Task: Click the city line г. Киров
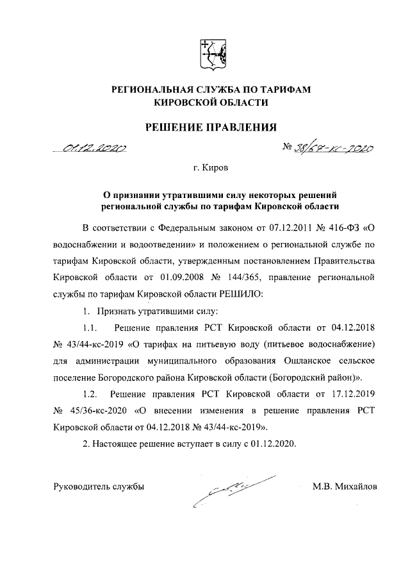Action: coord(211,169)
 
